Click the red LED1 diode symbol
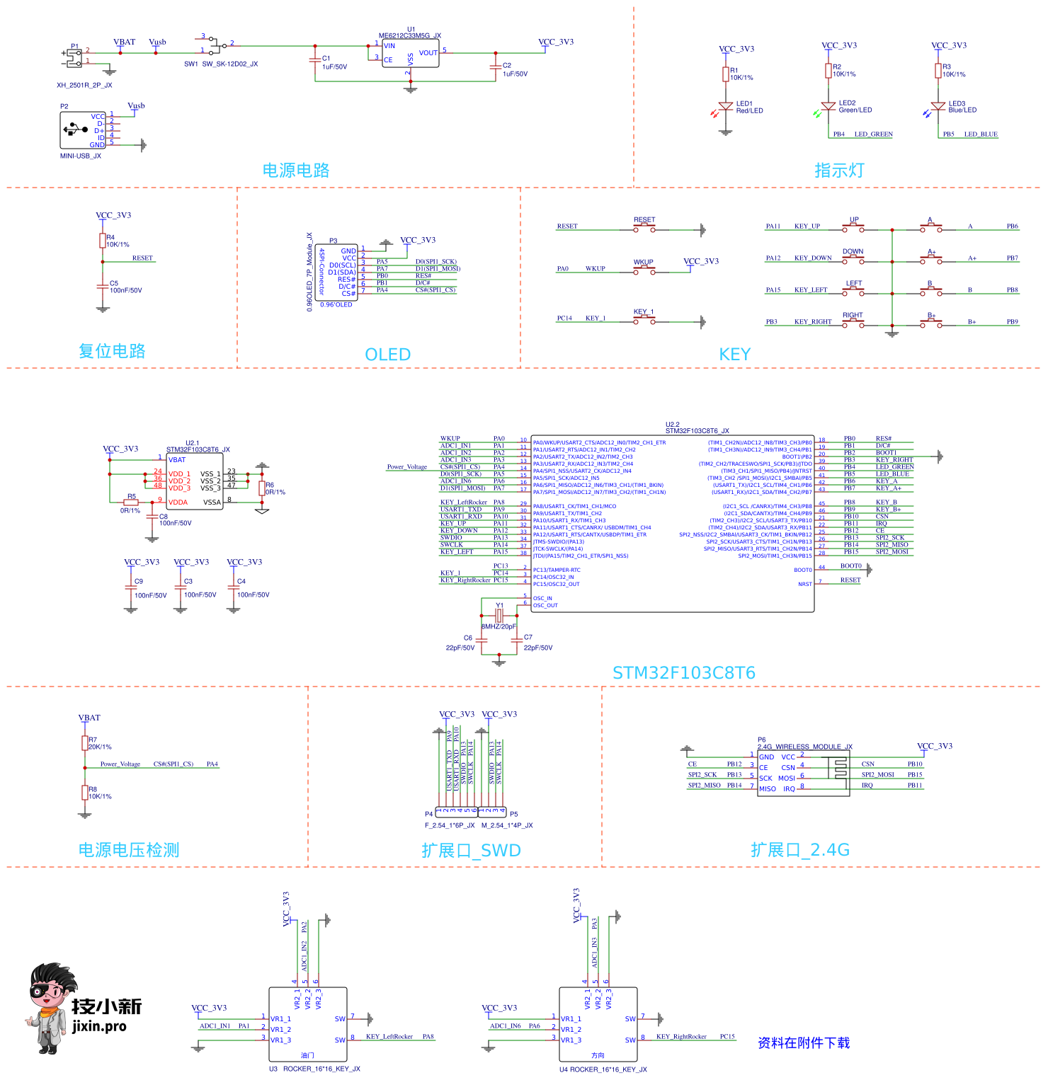tap(725, 106)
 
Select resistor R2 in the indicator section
tap(828, 71)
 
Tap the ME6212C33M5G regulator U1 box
tap(410, 54)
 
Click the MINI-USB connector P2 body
tap(82, 130)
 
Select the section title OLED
tap(387, 355)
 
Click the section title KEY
tap(734, 355)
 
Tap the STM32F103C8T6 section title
tap(683, 673)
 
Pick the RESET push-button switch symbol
tap(644, 228)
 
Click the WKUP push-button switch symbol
tap(644, 270)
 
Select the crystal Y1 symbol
tap(499, 616)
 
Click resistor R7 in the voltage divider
tap(85, 742)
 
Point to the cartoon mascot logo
tap(51, 1006)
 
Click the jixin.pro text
tap(99, 1026)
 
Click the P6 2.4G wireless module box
tap(803, 773)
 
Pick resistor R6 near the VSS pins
tap(262, 488)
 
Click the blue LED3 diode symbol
tap(938, 106)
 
